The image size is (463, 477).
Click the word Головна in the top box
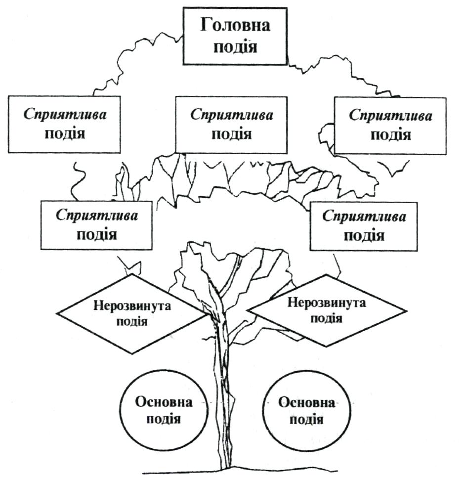tap(235, 26)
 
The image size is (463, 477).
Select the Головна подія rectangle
tap(235, 36)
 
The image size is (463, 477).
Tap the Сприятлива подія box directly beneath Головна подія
tap(231, 125)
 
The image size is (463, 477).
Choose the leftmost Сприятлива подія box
tap(65, 125)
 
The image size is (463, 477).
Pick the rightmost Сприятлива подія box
tap(390, 126)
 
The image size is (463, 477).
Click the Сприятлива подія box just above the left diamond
tap(96, 225)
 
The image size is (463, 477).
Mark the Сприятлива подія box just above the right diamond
tap(364, 226)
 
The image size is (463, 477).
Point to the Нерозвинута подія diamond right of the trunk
tap(327, 310)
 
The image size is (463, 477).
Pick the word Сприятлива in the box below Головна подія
tap(232, 115)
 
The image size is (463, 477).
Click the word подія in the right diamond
tap(327, 318)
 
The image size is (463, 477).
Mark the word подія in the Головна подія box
tap(235, 47)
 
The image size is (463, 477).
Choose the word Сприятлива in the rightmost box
tap(391, 116)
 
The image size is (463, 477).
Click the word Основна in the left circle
tap(164, 401)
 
